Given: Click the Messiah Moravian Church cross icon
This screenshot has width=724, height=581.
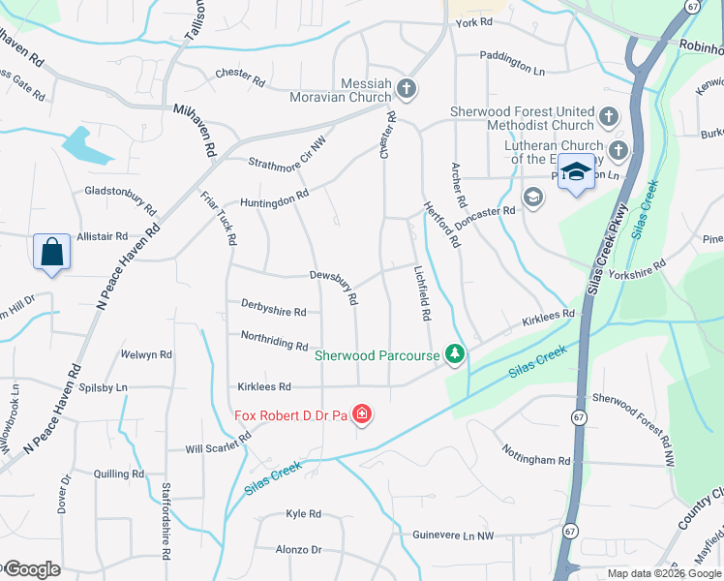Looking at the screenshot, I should pyautogui.click(x=407, y=89).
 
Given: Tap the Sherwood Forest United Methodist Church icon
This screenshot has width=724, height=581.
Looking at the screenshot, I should pyautogui.click(x=609, y=118).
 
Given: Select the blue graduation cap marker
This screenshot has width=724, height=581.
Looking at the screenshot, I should pyautogui.click(x=576, y=172).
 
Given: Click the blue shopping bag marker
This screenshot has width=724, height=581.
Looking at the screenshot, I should pyautogui.click(x=52, y=253).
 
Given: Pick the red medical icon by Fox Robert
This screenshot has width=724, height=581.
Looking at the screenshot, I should pyautogui.click(x=362, y=415).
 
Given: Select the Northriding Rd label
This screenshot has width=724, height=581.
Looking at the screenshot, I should pyautogui.click(x=274, y=342).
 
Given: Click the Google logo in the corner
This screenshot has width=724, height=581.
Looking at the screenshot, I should pyautogui.click(x=31, y=569).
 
